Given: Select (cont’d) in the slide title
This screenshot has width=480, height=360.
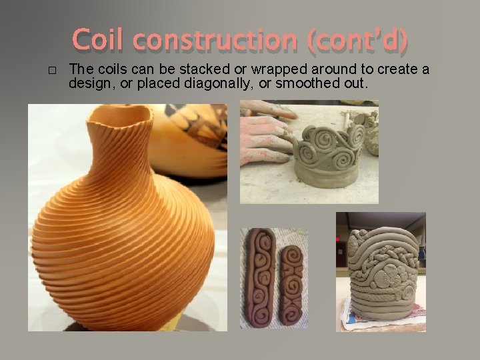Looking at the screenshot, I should pyautogui.click(x=359, y=41).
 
